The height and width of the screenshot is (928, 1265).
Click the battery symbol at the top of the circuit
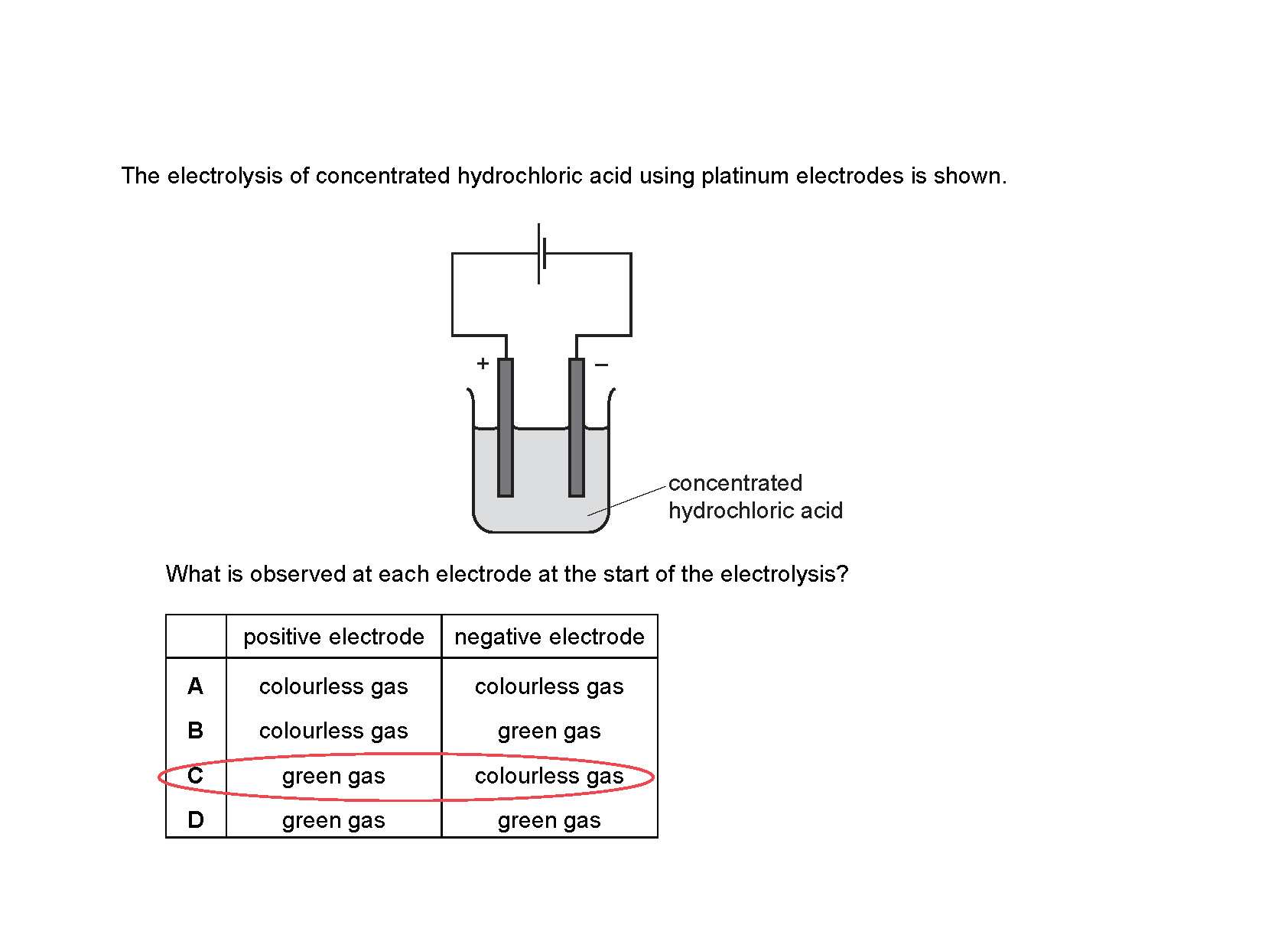[x=541, y=254]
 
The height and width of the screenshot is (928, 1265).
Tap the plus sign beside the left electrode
[x=483, y=364]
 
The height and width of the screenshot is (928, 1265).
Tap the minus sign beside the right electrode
[x=602, y=365]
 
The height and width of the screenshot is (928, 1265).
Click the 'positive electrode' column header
[x=333, y=637]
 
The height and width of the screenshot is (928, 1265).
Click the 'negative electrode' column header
[x=549, y=637]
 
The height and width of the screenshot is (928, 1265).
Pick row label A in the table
[x=196, y=686]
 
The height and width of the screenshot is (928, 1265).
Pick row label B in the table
[x=196, y=731]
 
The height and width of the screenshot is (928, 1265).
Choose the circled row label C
[x=196, y=776]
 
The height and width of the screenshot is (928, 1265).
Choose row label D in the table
[x=196, y=820]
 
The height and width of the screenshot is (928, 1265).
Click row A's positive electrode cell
[x=333, y=686]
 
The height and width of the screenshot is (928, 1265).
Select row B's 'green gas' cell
[x=549, y=731]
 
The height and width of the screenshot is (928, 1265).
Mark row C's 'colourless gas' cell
[x=549, y=776]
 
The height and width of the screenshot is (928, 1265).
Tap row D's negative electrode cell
[x=549, y=820]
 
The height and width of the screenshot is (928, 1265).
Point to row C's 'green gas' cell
[x=333, y=776]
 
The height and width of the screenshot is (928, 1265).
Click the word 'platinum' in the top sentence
[x=745, y=177]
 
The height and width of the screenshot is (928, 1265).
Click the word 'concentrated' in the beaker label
[x=735, y=483]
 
